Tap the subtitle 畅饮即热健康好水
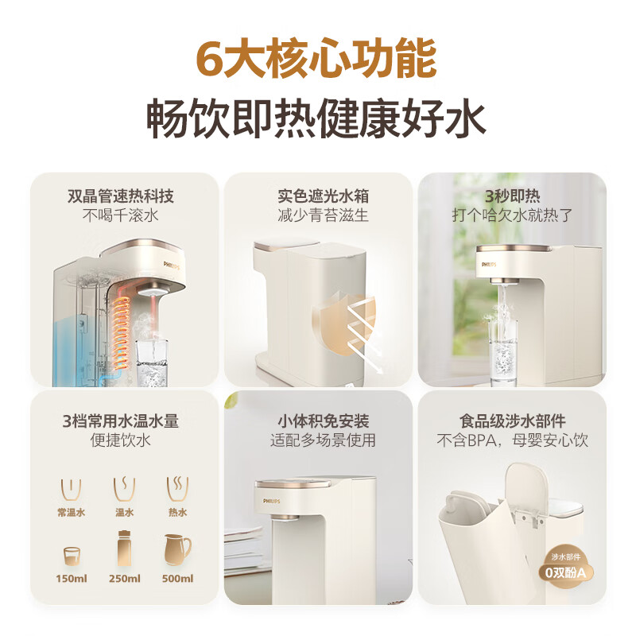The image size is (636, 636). click(x=317, y=120)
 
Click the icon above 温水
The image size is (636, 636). click(x=125, y=488)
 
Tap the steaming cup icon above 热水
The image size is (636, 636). click(x=176, y=488)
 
